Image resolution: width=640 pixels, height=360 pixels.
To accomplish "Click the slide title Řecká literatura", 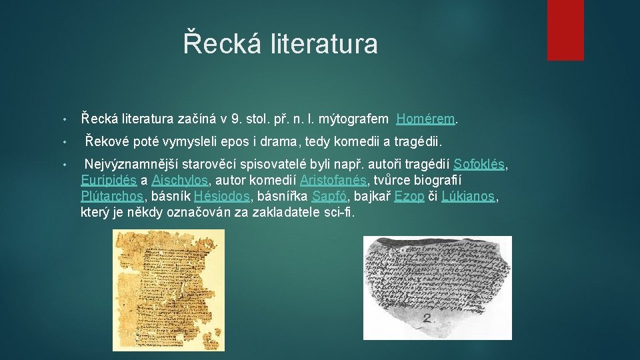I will pos(281,44).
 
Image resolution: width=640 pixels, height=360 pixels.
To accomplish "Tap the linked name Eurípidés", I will pos(109,180).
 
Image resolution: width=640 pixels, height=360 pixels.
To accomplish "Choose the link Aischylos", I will pos(180,180).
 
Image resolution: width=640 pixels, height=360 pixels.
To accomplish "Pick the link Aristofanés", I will pos(333,180).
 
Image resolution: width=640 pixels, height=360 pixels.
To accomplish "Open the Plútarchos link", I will pos(112,197).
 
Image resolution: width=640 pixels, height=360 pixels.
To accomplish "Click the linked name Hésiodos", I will pos(221,197).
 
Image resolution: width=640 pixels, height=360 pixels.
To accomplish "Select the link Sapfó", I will pos(329,197).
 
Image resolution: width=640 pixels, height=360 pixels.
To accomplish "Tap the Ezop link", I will pos(409,197).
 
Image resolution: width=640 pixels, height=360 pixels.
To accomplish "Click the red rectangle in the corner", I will pos(565,30).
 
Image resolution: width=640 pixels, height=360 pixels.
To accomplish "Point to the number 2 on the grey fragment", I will pos(429,318).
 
